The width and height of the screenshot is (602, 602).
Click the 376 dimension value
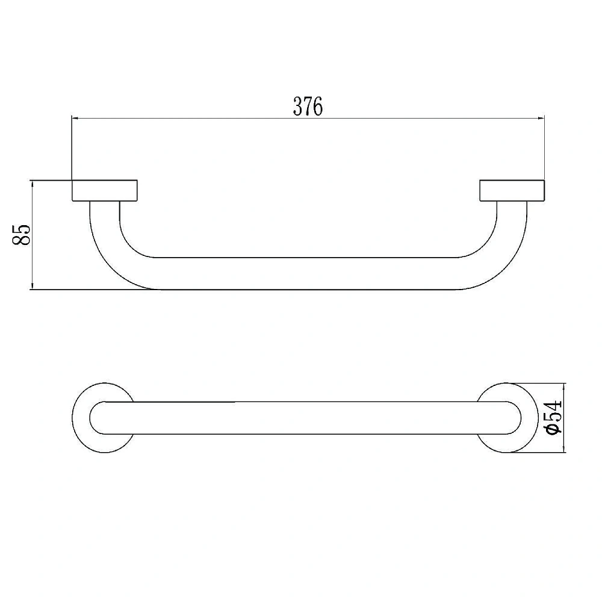308,107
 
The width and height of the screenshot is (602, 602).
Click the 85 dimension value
22,235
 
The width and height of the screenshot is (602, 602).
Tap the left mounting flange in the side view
104,190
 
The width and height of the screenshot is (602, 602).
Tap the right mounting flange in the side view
512,190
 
